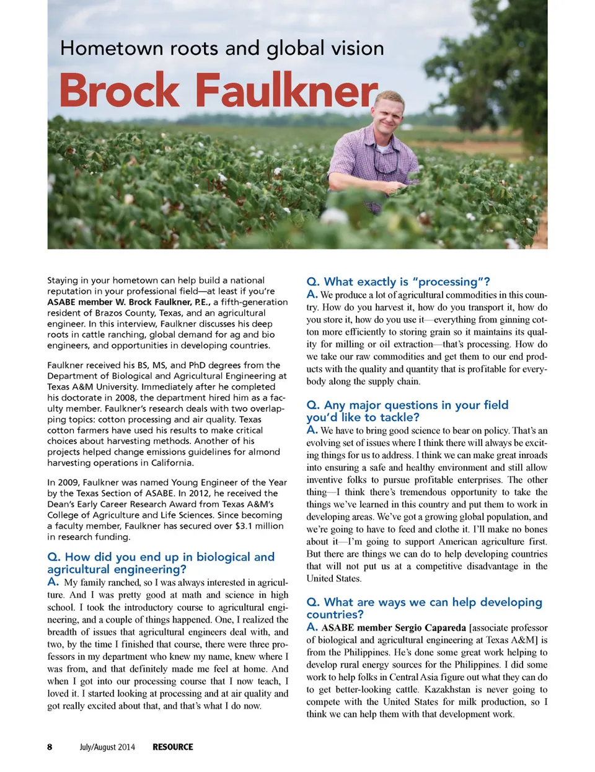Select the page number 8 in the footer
[50, 747]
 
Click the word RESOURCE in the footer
[173, 747]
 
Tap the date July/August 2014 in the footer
[107, 747]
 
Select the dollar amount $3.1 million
[258, 526]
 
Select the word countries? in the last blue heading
[335, 614]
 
